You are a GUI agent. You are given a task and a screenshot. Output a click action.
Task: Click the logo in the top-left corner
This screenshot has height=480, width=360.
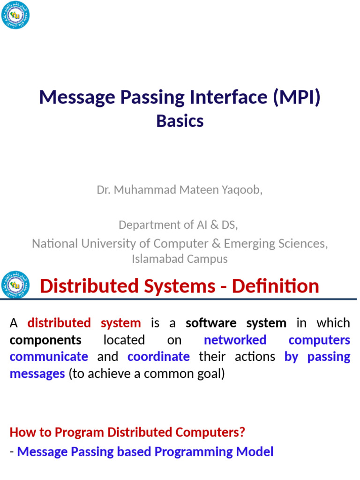[x=15, y=15]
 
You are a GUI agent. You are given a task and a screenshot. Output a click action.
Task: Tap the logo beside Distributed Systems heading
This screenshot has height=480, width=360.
[x=15, y=285]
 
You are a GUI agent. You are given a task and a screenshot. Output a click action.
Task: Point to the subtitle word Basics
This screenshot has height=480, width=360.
[x=180, y=121]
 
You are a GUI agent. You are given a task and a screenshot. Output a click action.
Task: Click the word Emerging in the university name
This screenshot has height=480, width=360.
[x=249, y=243]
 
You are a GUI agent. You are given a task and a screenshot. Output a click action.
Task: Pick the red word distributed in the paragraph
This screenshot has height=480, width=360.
[x=59, y=323]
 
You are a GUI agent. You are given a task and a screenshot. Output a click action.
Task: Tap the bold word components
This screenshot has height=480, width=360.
[x=45, y=340]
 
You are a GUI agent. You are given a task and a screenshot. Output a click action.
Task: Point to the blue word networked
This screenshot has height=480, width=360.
[x=235, y=340]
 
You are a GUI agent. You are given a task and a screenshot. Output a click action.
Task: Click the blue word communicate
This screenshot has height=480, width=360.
[x=49, y=357]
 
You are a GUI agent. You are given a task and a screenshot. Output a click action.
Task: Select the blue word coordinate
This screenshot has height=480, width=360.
[x=158, y=357]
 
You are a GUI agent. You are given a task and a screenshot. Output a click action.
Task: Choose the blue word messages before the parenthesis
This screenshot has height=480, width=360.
[x=37, y=374]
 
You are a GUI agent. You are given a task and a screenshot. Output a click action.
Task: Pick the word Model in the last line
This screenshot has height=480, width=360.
[x=255, y=452]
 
